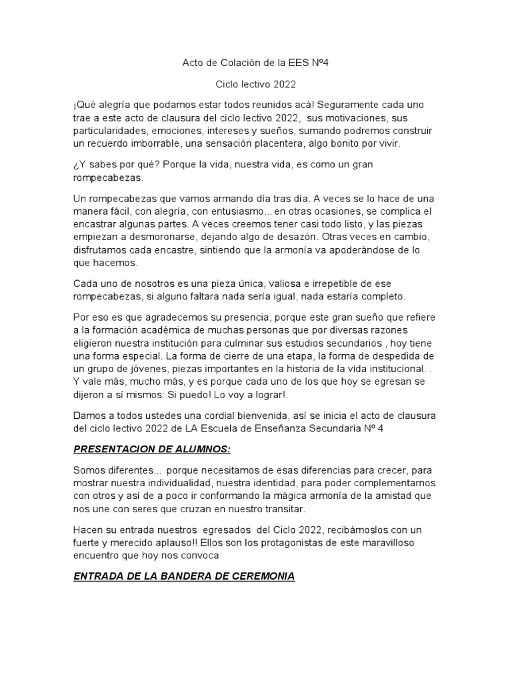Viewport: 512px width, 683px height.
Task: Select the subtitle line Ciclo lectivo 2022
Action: click(x=255, y=85)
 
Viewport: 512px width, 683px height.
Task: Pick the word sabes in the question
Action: click(x=103, y=165)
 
